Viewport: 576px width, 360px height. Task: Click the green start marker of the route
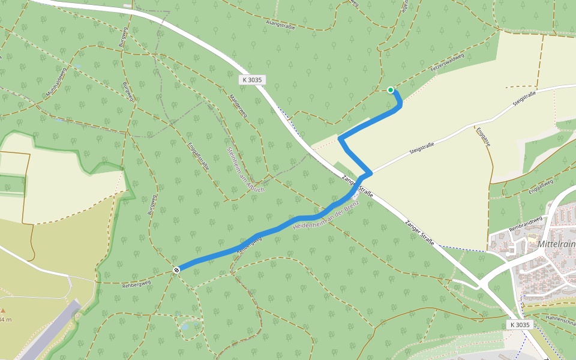[x=391, y=90]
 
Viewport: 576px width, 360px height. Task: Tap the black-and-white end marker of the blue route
[x=176, y=270]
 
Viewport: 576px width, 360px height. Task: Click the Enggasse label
[x=484, y=138]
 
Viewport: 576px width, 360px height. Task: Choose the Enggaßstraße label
[x=198, y=157]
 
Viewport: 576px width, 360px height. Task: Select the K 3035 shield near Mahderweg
[x=252, y=80]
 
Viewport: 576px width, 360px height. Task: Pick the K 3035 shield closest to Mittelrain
[x=519, y=325]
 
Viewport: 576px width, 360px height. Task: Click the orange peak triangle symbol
[x=2, y=311]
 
